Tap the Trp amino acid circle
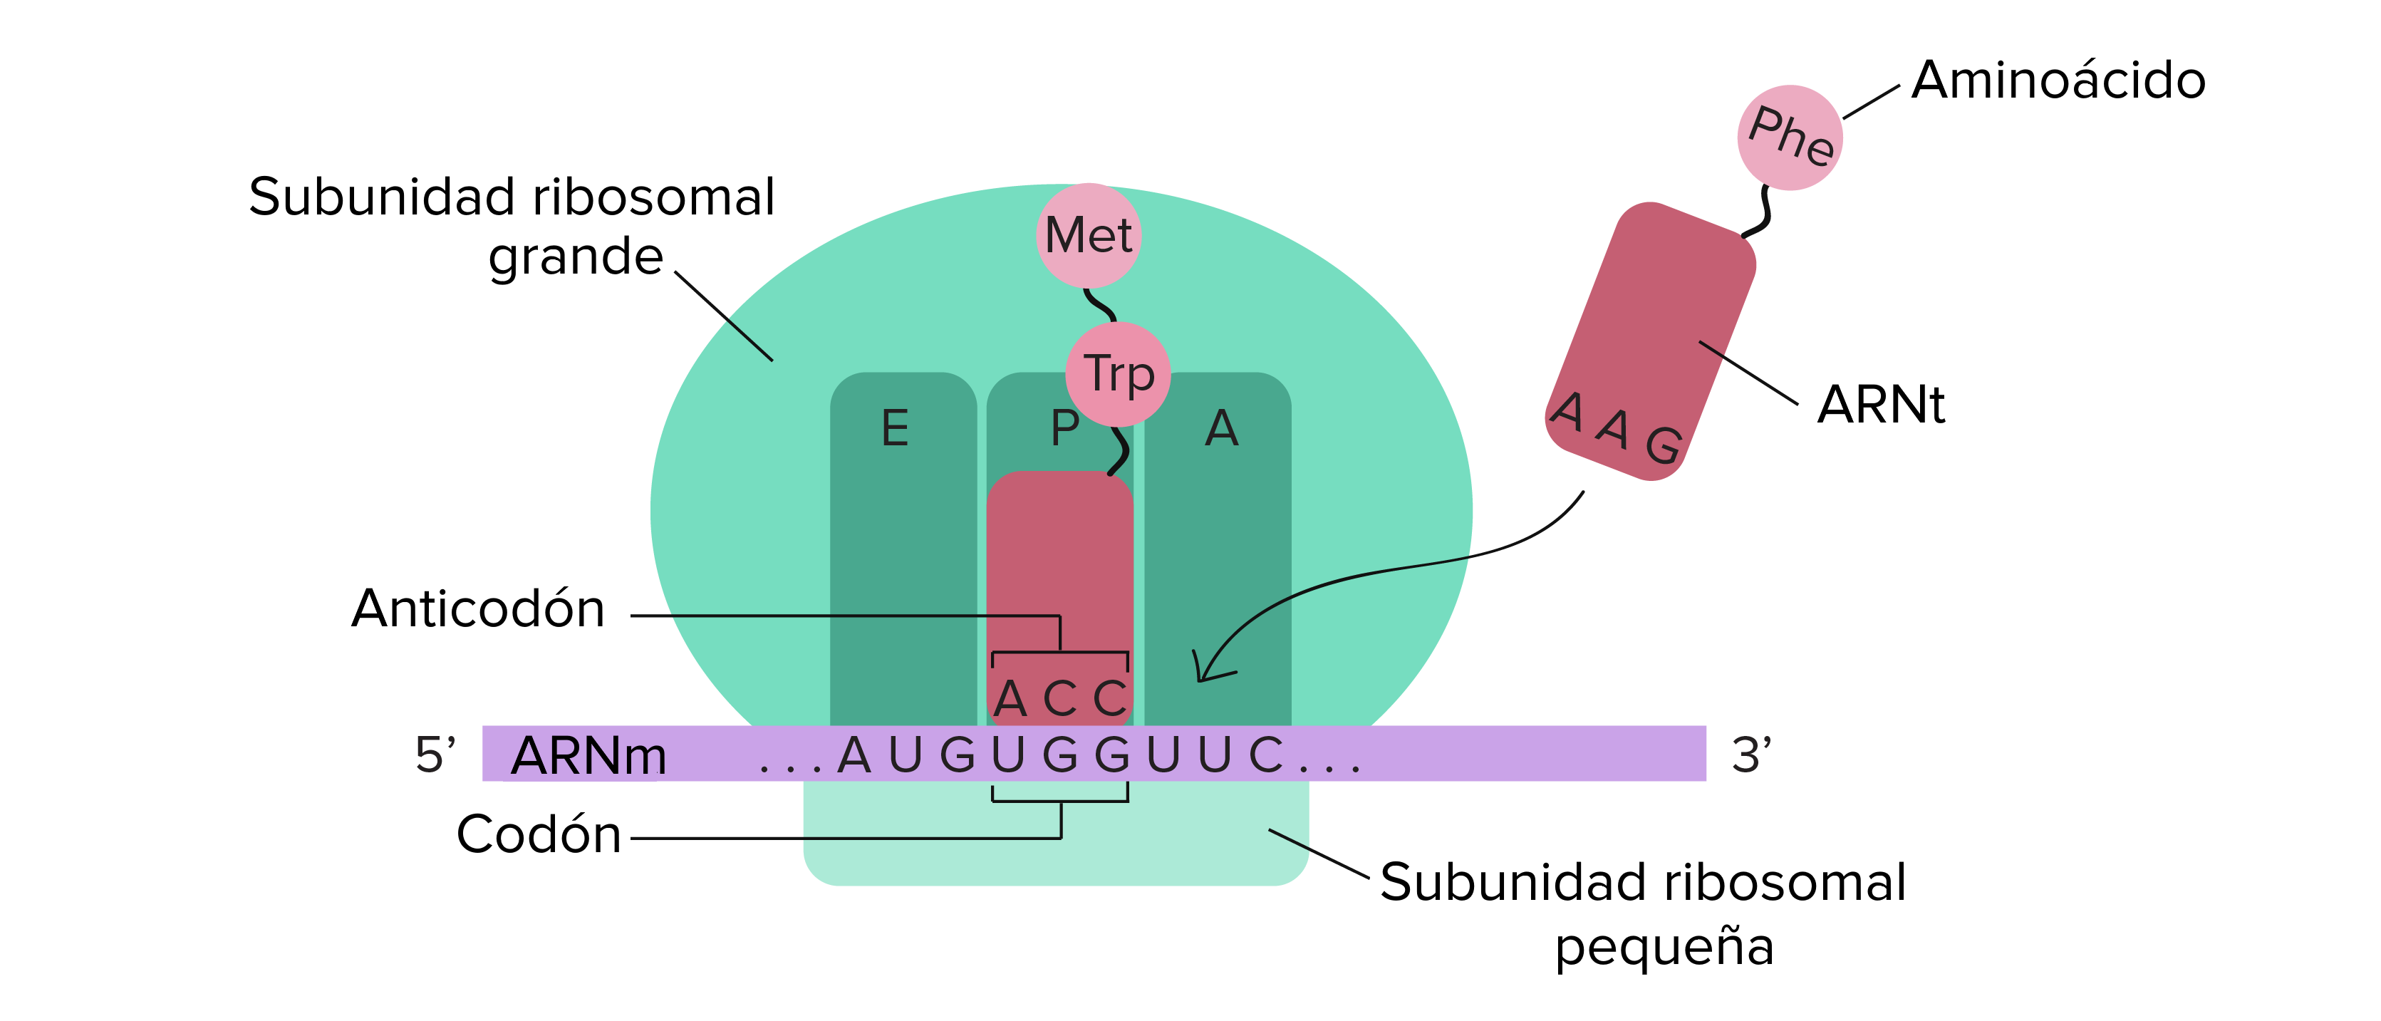(x=1119, y=373)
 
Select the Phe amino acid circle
(x=1790, y=138)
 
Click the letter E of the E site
(x=895, y=429)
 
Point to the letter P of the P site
(x=1065, y=429)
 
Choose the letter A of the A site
(x=1221, y=429)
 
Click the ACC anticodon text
(x=1060, y=698)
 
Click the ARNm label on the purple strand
(x=588, y=756)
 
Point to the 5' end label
(x=435, y=755)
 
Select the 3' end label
(x=1750, y=755)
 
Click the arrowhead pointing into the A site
(x=1206, y=669)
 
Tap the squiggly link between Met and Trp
(x=1100, y=305)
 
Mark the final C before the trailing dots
(x=1265, y=755)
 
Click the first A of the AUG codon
(x=854, y=755)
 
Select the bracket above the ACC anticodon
(x=1060, y=654)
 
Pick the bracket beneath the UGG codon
(x=1060, y=799)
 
